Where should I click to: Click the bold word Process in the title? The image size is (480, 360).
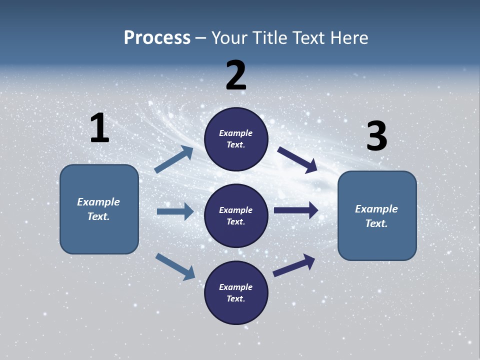click(157, 38)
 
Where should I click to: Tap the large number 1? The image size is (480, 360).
click(99, 128)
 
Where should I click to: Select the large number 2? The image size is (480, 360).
click(236, 75)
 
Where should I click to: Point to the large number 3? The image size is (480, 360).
click(376, 136)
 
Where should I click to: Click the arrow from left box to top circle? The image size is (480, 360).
click(173, 159)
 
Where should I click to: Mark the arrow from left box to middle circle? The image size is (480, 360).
click(175, 211)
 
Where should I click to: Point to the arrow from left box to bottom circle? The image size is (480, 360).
click(175, 266)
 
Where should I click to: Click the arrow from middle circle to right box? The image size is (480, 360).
click(296, 210)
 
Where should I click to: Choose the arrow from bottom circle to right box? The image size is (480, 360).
click(294, 265)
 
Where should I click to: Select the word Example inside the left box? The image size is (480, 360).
click(98, 202)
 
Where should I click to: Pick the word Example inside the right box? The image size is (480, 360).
click(376, 209)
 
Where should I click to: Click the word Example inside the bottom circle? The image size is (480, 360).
click(236, 287)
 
